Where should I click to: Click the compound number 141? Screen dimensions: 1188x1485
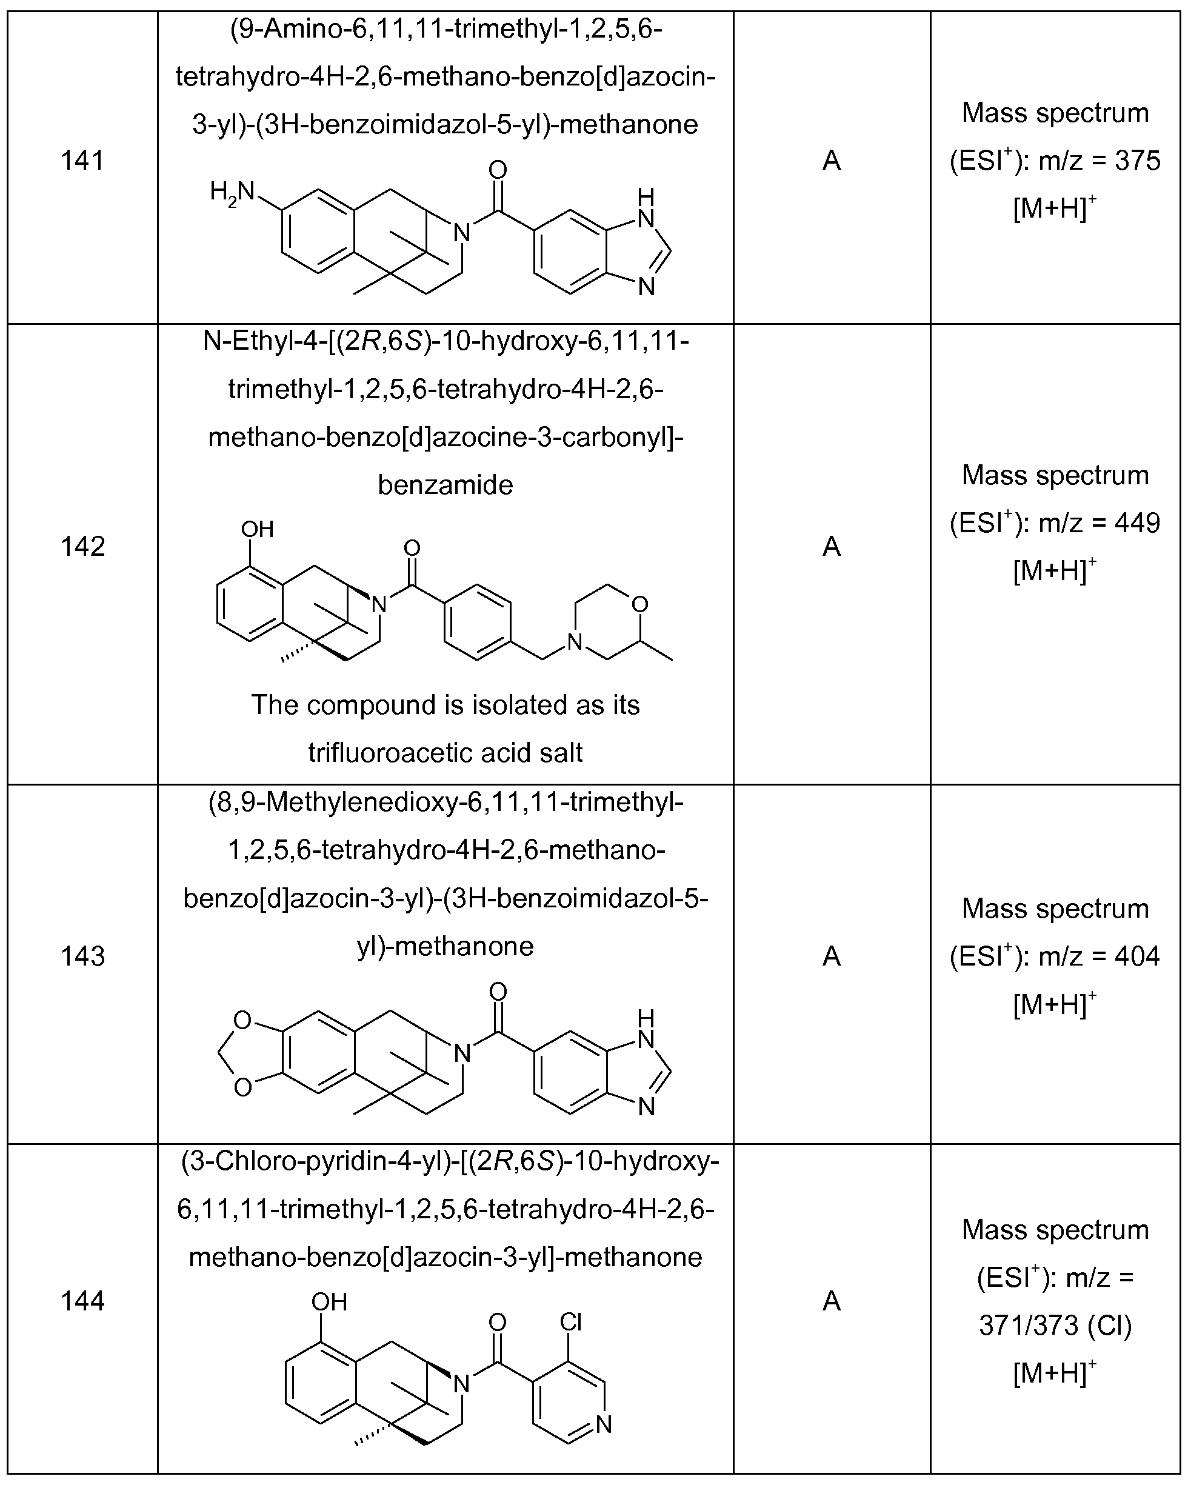tap(82, 161)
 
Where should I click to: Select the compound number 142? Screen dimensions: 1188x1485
tap(82, 546)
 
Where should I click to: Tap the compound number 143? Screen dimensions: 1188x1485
tap(82, 956)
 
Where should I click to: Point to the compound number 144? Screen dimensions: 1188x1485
tap(82, 1301)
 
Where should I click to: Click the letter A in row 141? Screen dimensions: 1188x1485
tap(832, 161)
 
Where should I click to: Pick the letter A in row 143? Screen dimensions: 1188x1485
tap(832, 956)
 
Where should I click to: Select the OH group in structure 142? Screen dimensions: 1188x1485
tap(258, 529)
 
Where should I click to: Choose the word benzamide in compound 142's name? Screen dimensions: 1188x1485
tap(446, 485)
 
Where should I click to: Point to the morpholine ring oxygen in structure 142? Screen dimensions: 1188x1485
tap(640, 604)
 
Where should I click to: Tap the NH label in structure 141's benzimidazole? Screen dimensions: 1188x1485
tap(646, 209)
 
